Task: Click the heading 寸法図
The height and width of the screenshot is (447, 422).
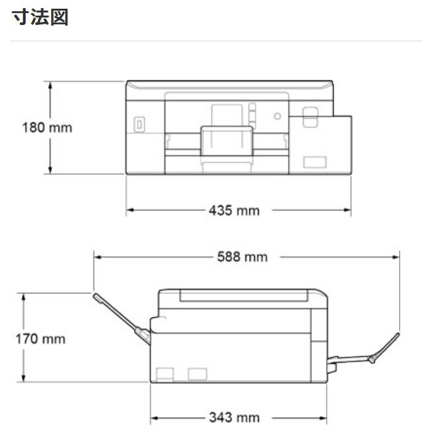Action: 40,17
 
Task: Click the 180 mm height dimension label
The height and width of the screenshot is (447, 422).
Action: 47,127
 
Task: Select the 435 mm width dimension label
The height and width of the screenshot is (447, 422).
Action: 234,210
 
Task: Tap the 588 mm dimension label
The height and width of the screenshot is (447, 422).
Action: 242,257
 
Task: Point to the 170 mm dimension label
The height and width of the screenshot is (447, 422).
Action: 41,339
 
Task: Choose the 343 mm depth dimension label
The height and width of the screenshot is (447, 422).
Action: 234,418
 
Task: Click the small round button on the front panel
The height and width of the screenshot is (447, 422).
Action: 277,116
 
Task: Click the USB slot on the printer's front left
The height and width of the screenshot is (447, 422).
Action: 139,125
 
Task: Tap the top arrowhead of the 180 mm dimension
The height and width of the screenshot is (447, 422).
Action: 50,85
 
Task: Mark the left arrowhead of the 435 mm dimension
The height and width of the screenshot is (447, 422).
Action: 130,210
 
